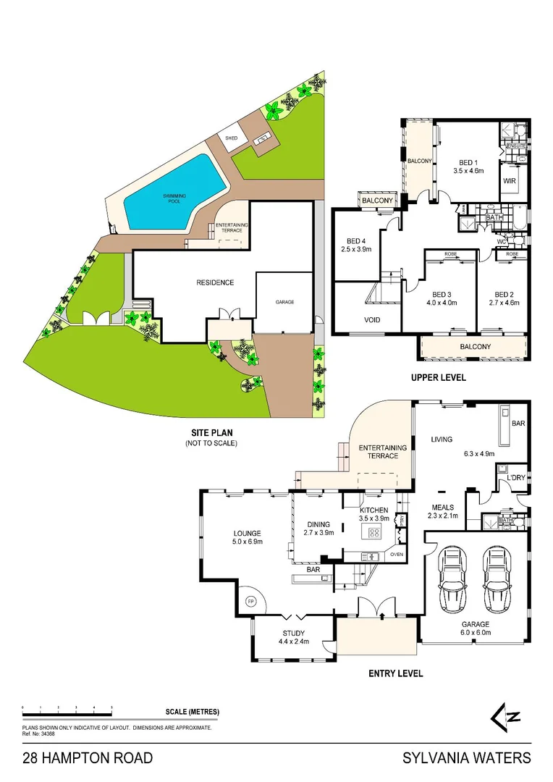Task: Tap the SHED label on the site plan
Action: tap(231, 138)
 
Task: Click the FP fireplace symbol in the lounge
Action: tap(251, 601)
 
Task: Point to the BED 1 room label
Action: tap(468, 162)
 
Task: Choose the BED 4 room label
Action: tap(356, 241)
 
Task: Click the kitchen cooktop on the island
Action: tap(376, 533)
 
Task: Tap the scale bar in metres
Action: tap(67, 707)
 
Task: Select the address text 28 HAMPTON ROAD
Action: tap(88, 758)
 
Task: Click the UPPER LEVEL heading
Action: tap(438, 377)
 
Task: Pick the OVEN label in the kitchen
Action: tap(396, 555)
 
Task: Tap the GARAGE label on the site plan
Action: tap(284, 302)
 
